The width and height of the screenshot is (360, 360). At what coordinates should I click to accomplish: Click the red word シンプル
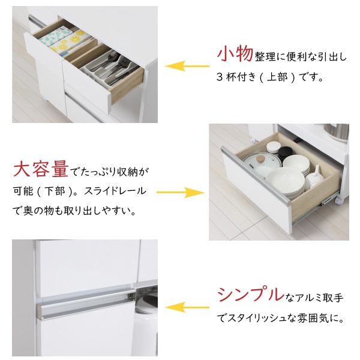coord(250,295)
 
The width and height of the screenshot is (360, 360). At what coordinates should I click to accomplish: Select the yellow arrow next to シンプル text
coord(183,308)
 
